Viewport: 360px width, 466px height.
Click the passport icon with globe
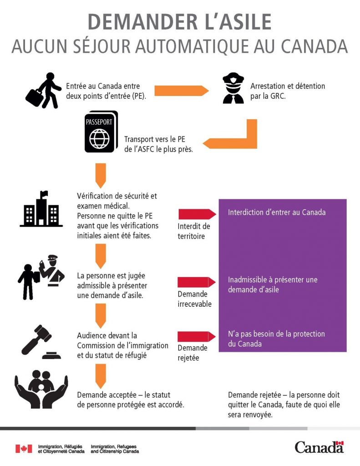(x=101, y=132)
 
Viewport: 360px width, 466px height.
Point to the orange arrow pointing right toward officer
(x=181, y=90)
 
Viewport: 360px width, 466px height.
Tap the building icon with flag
(x=41, y=209)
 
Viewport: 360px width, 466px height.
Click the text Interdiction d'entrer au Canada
(x=277, y=213)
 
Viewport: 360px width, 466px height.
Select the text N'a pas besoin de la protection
(x=276, y=334)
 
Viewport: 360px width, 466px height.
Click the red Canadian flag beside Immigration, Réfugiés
(x=24, y=449)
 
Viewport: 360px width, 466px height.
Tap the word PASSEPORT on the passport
(x=99, y=122)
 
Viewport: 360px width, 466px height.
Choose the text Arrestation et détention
(x=288, y=86)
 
